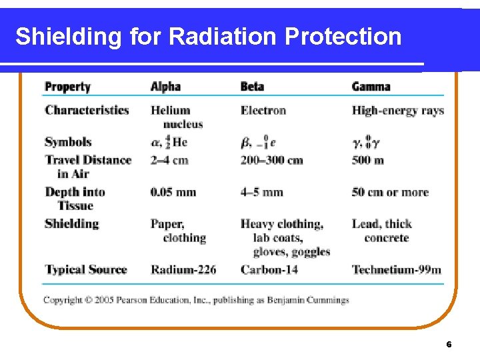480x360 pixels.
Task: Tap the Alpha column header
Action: [165, 87]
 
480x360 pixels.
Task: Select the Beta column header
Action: [252, 87]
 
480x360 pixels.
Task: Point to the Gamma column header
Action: [371, 87]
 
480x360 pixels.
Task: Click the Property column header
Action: [67, 87]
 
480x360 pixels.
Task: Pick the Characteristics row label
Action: [87, 110]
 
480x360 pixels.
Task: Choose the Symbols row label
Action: [68, 142]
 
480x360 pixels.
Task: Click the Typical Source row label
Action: [85, 269]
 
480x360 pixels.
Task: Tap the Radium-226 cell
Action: [183, 269]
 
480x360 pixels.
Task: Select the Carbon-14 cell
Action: [269, 269]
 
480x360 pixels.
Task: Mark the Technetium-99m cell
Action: [397, 269]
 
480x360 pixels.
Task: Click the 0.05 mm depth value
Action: [173, 192]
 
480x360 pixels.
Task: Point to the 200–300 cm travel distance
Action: [272, 160]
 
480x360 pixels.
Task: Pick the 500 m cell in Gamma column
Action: [368, 160]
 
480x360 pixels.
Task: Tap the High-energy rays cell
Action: [398, 110]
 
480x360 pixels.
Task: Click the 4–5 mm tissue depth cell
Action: [262, 192]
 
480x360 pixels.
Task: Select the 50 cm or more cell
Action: [390, 192]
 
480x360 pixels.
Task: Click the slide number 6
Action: [449, 345]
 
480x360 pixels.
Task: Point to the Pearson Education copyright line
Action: [196, 300]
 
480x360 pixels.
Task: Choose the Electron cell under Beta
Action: [263, 110]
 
